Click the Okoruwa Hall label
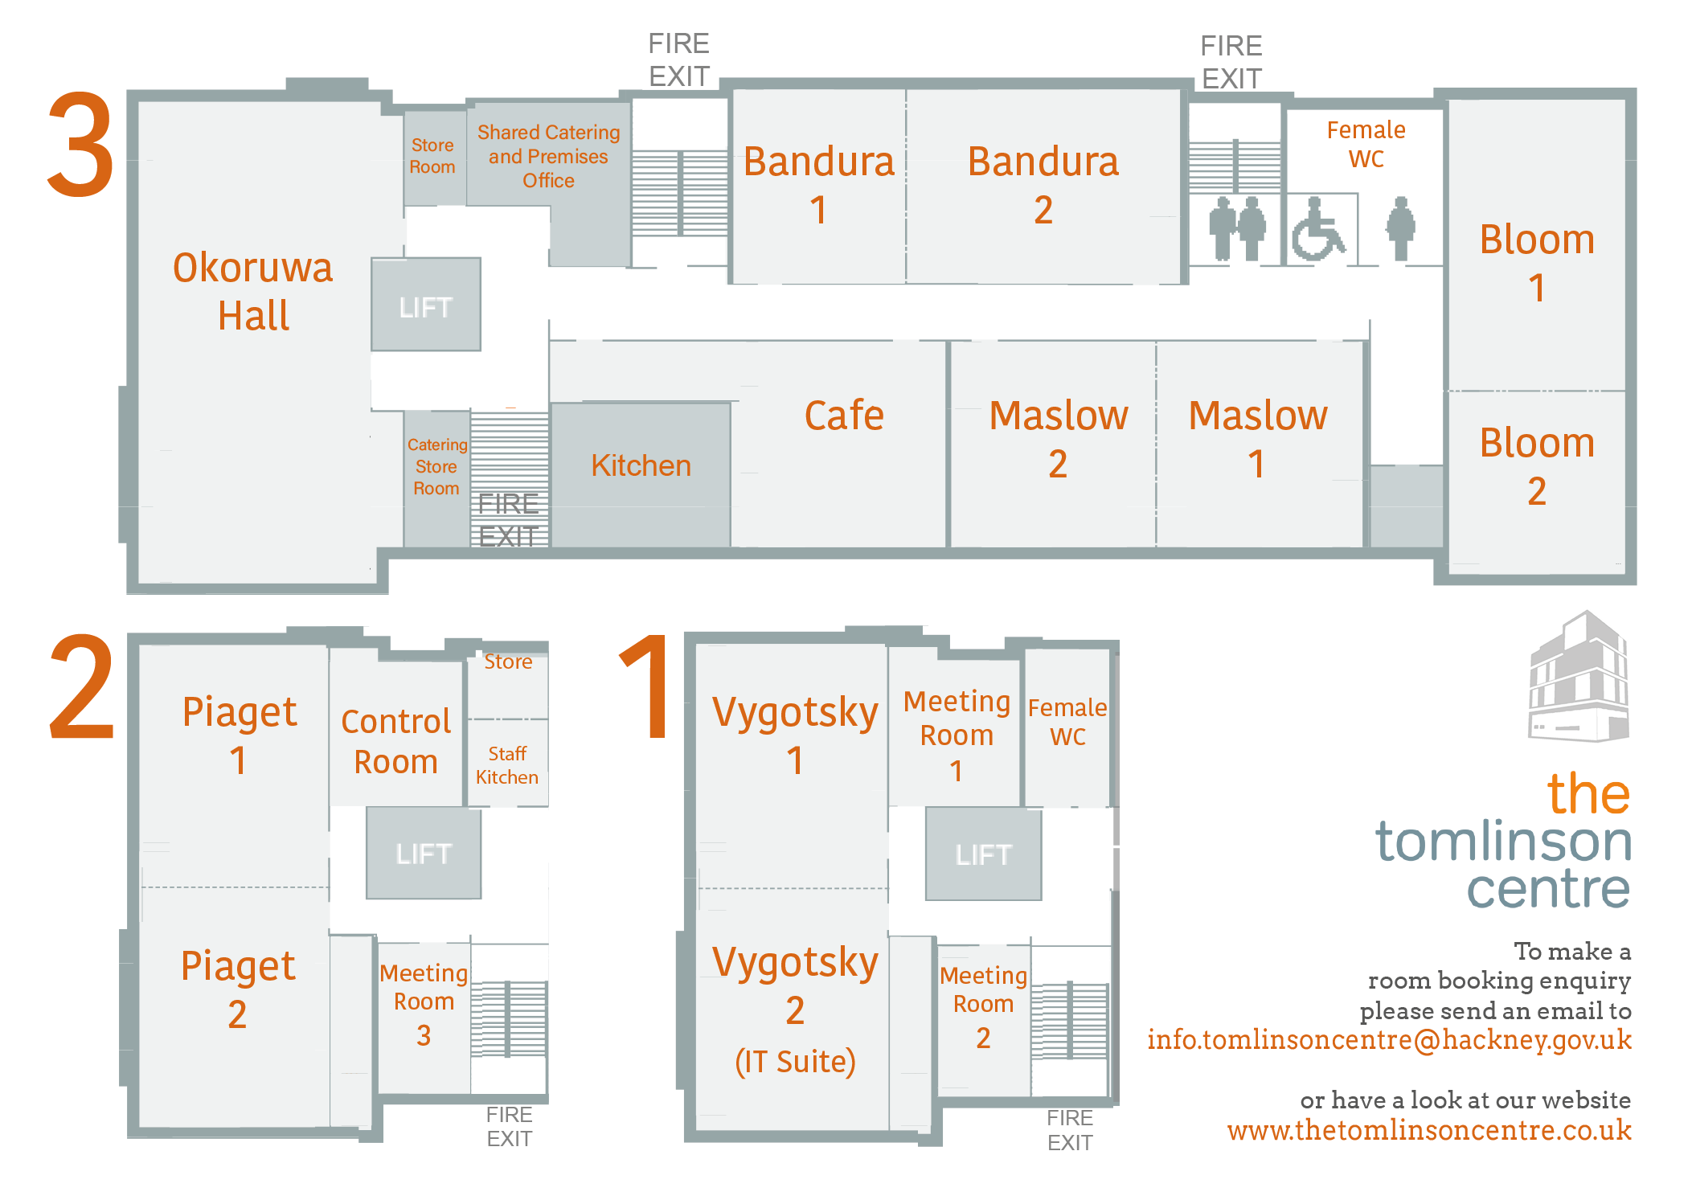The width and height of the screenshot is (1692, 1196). coord(253,291)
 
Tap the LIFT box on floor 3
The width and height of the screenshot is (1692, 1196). coord(426,305)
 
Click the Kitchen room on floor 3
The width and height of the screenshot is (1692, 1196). coord(641,466)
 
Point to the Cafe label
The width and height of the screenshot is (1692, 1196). coord(844,416)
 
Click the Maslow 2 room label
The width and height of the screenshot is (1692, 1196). coord(1058,439)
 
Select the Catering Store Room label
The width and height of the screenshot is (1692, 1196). coord(436,467)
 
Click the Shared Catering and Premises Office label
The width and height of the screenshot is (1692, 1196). coord(548,156)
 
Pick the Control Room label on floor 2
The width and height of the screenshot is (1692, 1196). coord(395,741)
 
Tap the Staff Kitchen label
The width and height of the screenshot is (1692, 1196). coord(507,765)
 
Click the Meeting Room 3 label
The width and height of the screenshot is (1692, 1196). coord(424,1003)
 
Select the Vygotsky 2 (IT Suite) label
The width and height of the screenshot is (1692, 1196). coord(795,1010)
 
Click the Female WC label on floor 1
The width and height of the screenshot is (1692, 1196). coord(1067,722)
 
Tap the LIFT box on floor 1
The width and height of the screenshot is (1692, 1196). coord(983,854)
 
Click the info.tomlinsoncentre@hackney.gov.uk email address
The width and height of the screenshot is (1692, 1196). coord(1388,1040)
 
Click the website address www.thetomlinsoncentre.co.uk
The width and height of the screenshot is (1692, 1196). coord(1428,1131)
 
